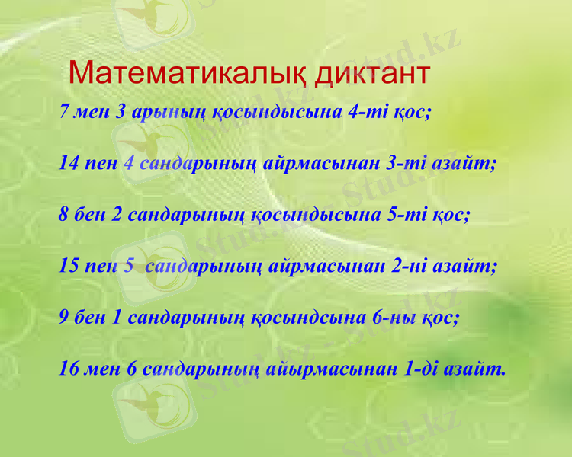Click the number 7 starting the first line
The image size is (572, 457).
click(65, 112)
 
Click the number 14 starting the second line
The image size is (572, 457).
click(70, 163)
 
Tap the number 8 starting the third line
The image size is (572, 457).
click(64, 215)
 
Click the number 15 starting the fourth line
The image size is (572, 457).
click(69, 267)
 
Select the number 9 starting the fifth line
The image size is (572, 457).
click(65, 318)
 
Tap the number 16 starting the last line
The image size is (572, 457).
click(69, 369)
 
